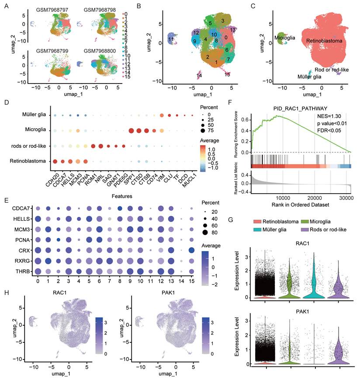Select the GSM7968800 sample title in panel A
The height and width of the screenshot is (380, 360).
(x=100, y=51)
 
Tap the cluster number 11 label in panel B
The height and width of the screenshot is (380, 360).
(x=171, y=41)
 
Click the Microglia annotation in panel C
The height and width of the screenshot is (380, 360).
(x=285, y=38)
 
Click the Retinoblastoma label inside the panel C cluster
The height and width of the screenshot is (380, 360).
(x=324, y=41)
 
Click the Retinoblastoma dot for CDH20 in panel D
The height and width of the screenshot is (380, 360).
(x=55, y=161)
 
